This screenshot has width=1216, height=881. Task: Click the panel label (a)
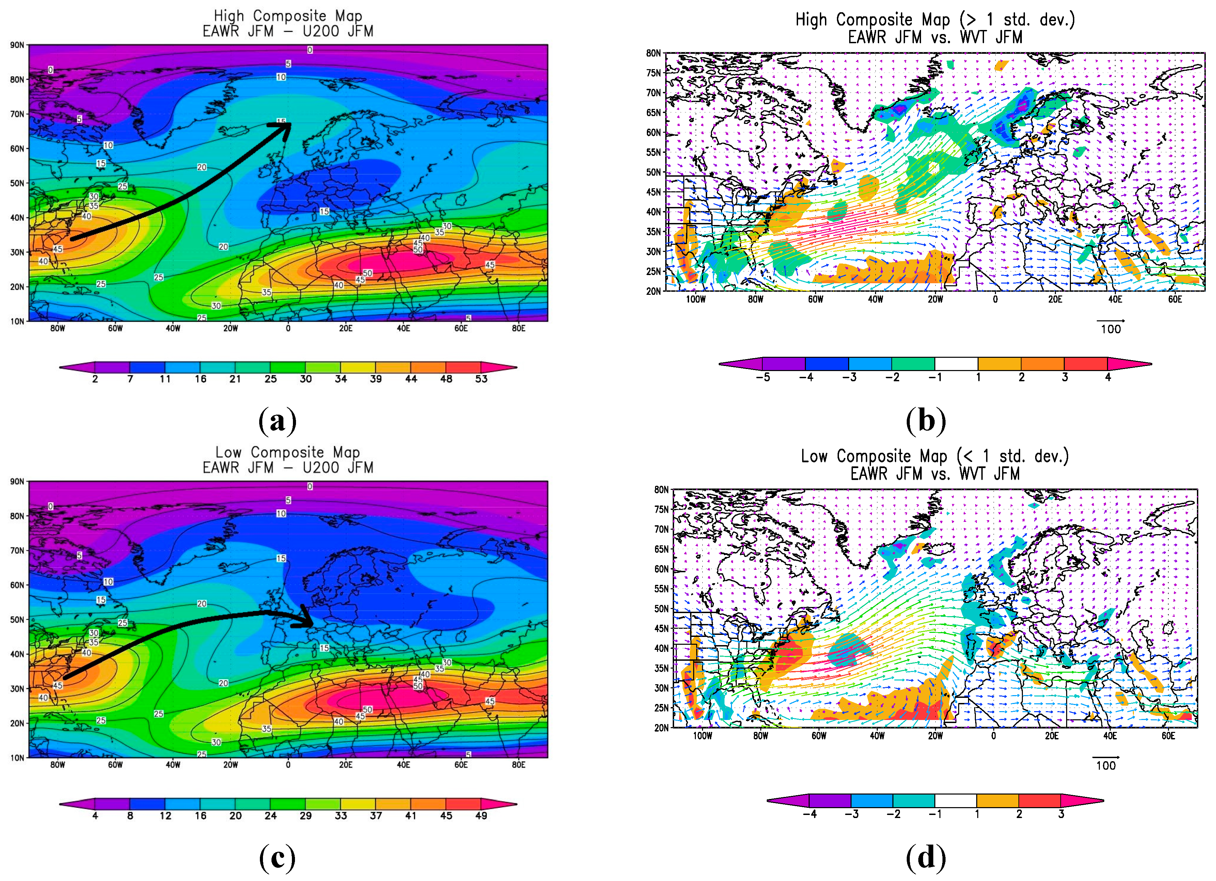(x=277, y=421)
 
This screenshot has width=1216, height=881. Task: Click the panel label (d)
(x=925, y=858)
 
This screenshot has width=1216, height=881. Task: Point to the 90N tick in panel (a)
(x=17, y=45)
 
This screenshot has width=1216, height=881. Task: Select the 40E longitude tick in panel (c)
(x=403, y=765)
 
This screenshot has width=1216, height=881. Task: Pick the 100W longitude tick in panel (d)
(x=702, y=736)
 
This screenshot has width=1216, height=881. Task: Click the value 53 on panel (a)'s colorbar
(x=481, y=379)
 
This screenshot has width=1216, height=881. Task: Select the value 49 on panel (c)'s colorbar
(x=481, y=816)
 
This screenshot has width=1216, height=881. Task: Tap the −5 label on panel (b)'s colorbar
(x=762, y=377)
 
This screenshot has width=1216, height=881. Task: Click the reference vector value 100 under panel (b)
(x=1110, y=329)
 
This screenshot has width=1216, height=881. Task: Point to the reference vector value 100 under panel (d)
(x=1106, y=766)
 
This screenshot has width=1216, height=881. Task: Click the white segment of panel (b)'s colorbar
(x=956, y=364)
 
